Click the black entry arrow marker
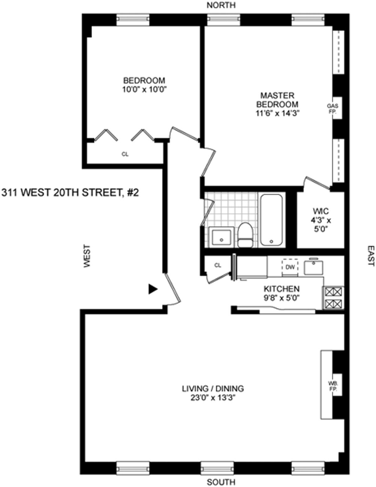tap(152, 289)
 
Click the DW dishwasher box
tap(290, 267)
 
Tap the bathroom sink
tap(221, 237)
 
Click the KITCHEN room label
tap(281, 289)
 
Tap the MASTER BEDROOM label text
tap(277, 100)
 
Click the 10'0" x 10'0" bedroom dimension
tap(144, 90)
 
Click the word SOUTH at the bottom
tap(221, 482)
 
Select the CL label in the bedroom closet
tap(125, 154)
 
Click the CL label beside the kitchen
tap(218, 265)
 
